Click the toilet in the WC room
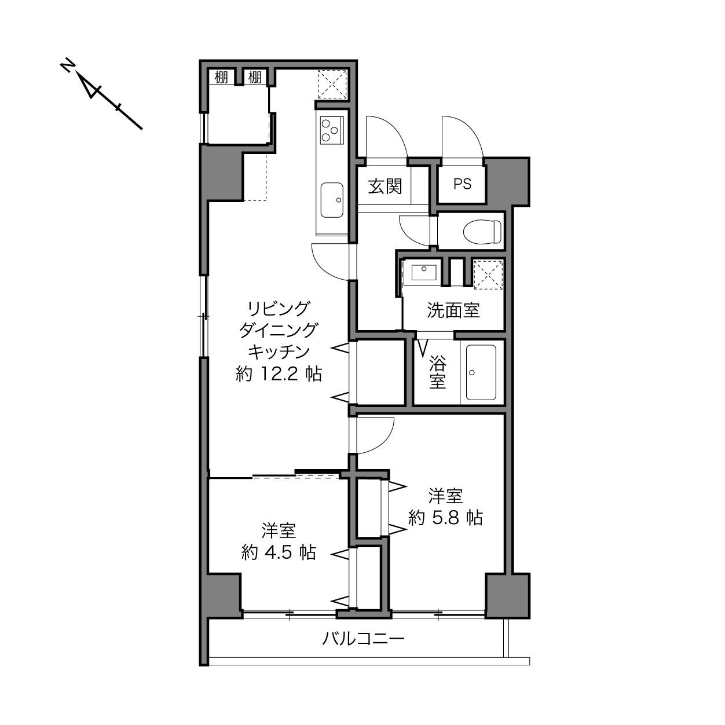(x=482, y=232)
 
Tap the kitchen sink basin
(x=331, y=200)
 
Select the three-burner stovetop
(x=332, y=130)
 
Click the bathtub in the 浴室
(x=481, y=372)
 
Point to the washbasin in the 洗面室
(x=424, y=273)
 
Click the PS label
(x=462, y=184)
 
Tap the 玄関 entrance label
(x=385, y=186)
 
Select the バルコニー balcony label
(x=363, y=639)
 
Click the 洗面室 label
(x=453, y=310)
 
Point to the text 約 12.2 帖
(x=279, y=374)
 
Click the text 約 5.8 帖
(x=445, y=518)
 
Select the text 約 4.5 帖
(x=279, y=552)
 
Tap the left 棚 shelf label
(x=221, y=78)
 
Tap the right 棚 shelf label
(x=255, y=78)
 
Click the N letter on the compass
(x=67, y=65)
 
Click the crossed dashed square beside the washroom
(x=488, y=274)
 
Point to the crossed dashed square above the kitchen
(x=332, y=85)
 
